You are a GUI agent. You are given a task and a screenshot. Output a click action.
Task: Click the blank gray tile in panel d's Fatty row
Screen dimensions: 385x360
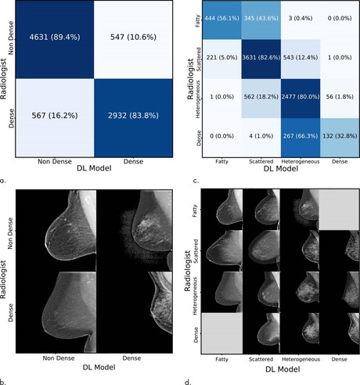click(337, 207)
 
